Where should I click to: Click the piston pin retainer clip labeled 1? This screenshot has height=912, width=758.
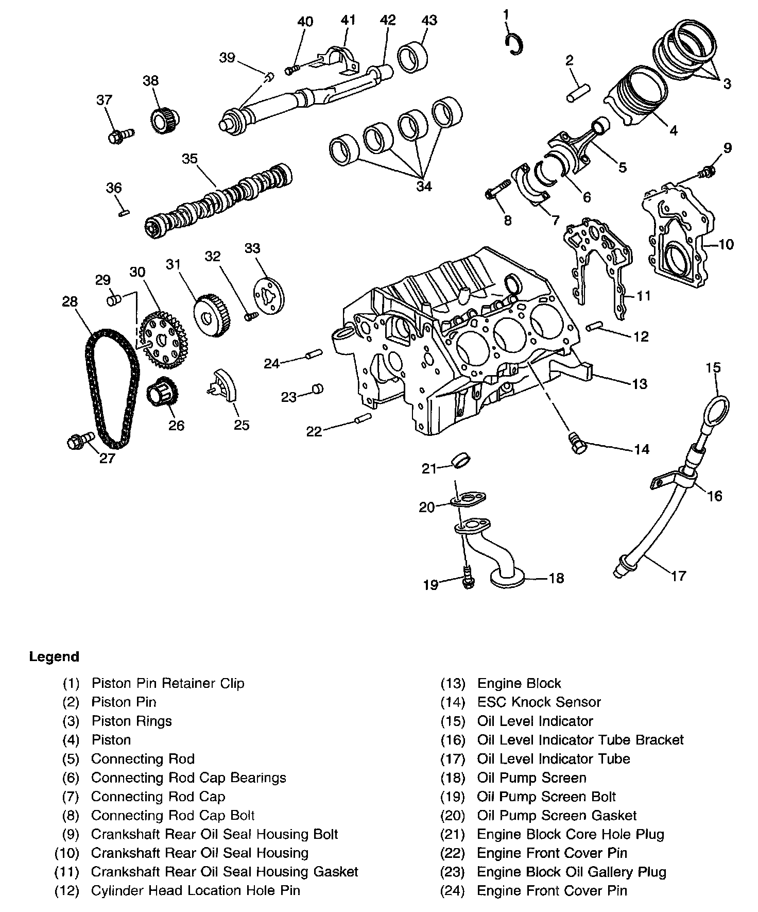514,44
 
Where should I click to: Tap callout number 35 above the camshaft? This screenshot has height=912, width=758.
189,159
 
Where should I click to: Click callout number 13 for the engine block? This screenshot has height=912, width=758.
640,384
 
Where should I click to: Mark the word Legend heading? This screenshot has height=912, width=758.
54,657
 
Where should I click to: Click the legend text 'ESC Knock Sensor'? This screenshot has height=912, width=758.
539,702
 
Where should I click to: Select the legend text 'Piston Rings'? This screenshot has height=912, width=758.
131,721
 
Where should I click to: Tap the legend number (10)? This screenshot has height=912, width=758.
67,853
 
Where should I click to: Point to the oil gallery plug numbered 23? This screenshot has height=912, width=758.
318,389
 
